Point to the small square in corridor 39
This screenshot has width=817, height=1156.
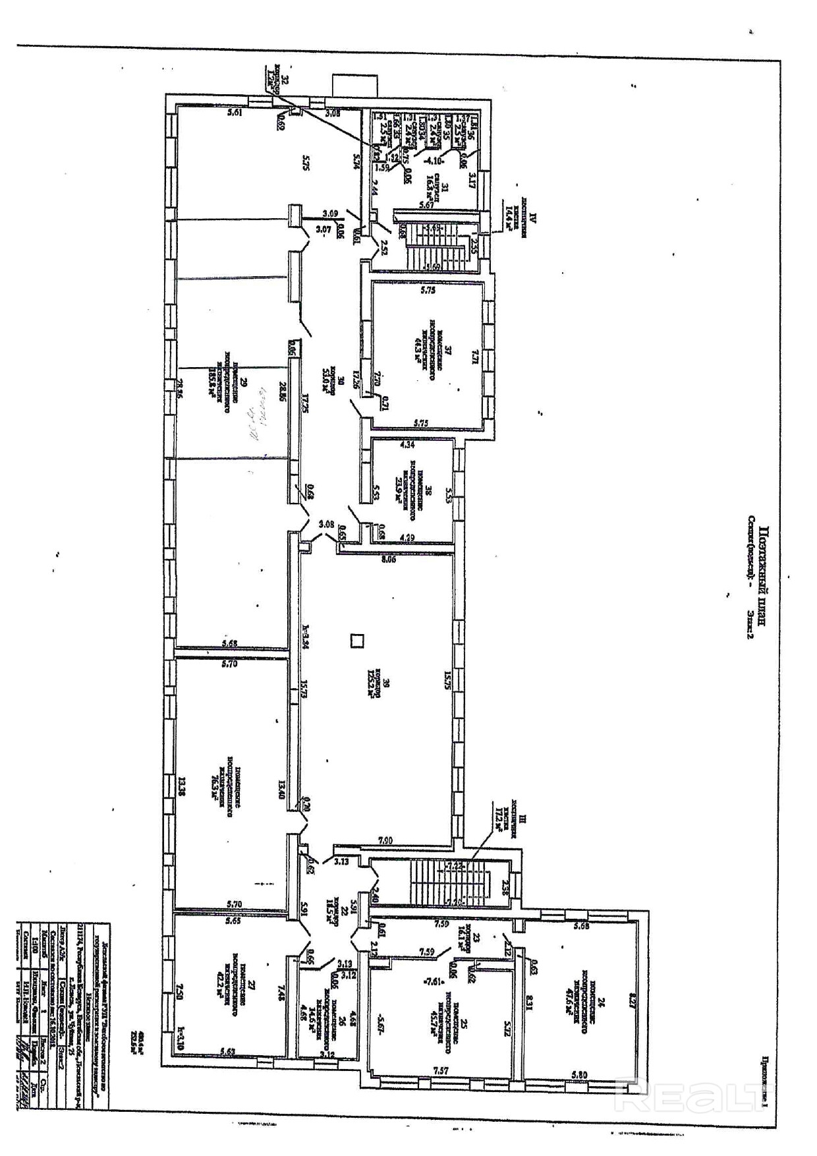pyautogui.click(x=357, y=641)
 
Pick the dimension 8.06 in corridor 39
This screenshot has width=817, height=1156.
pyautogui.click(x=389, y=560)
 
